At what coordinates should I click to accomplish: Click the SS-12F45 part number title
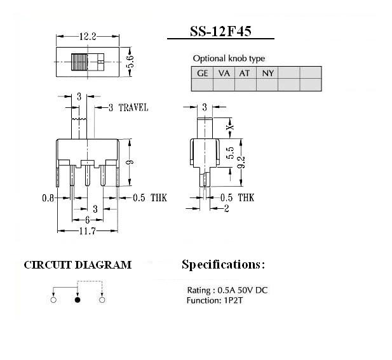click(x=220, y=32)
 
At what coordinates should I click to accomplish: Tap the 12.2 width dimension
click(x=88, y=37)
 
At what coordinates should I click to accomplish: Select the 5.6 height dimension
click(x=130, y=62)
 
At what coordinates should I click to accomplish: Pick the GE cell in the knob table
click(x=202, y=73)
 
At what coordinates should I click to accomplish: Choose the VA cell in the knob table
click(x=224, y=73)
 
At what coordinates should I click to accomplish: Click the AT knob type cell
click(x=244, y=73)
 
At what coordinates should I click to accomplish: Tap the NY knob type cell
click(x=267, y=73)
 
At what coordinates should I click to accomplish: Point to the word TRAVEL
click(x=133, y=108)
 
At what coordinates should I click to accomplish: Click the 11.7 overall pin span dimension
click(x=87, y=231)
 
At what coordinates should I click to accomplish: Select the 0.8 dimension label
click(x=48, y=198)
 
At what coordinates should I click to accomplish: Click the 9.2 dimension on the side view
click(x=241, y=163)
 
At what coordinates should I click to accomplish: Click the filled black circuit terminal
click(x=78, y=300)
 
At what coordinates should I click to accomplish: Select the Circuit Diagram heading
click(x=78, y=265)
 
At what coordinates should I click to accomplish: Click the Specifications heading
click(x=223, y=265)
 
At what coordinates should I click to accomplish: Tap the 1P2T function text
click(x=233, y=300)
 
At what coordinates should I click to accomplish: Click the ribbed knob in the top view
click(x=79, y=62)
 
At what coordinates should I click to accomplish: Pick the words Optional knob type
click(x=229, y=58)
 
